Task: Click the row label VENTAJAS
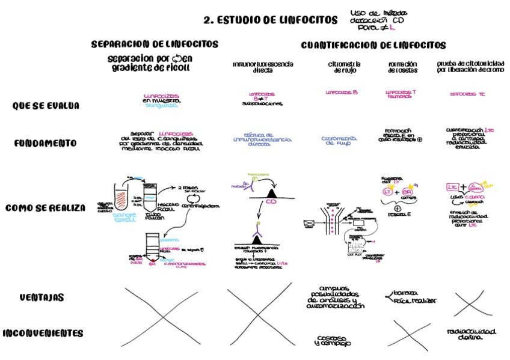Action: click(41, 297)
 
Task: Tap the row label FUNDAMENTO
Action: click(46, 143)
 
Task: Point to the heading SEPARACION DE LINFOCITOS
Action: click(155, 44)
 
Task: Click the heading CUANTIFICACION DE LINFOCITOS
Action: click(373, 45)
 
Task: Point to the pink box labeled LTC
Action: click(453, 187)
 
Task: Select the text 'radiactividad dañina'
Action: click(471, 334)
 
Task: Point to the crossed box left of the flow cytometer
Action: click(310, 224)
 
